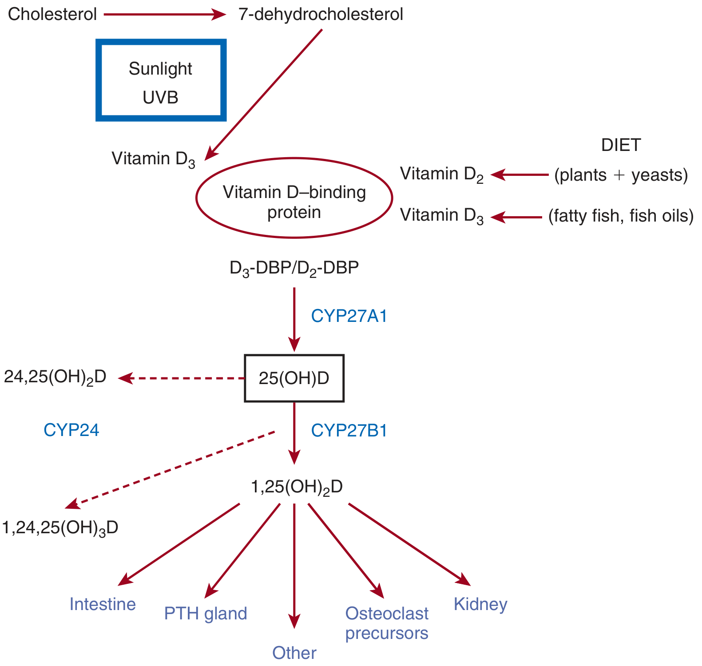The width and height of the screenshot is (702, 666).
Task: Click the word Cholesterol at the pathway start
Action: pos(52,14)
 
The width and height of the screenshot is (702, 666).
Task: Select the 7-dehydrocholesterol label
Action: pos(321,14)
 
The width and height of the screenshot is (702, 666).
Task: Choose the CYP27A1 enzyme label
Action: pos(349,316)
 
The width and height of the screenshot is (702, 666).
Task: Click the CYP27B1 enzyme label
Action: pos(349,431)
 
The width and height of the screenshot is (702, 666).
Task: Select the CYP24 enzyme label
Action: pos(71,430)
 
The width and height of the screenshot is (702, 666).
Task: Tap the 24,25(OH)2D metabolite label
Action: pos(56,377)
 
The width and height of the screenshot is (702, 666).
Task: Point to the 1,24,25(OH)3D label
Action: pos(60,528)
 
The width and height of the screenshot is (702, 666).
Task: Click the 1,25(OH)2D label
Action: pos(297,487)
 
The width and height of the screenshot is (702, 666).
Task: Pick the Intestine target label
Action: pos(103,604)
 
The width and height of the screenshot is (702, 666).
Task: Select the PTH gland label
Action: pos(206,614)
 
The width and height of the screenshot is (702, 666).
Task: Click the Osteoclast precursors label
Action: pos(387,623)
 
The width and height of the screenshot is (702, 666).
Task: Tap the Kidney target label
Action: pos(480,605)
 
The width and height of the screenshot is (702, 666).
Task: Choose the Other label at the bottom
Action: pos(294,653)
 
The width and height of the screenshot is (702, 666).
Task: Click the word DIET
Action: pos(621,145)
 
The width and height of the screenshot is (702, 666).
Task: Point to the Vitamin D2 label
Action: pos(442,174)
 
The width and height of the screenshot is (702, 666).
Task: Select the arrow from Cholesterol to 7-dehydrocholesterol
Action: pos(165,15)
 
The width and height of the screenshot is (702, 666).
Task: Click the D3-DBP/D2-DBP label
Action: pos(294,268)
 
